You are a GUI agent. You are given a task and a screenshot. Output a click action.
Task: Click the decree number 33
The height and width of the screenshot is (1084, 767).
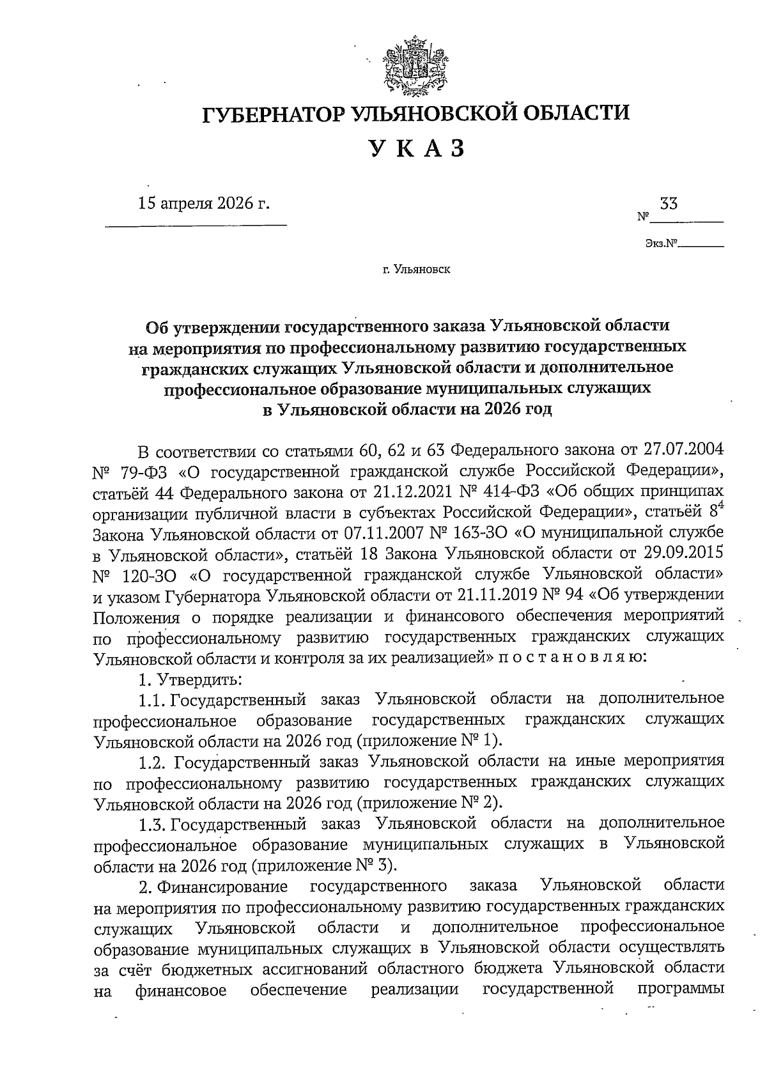coord(669,204)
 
